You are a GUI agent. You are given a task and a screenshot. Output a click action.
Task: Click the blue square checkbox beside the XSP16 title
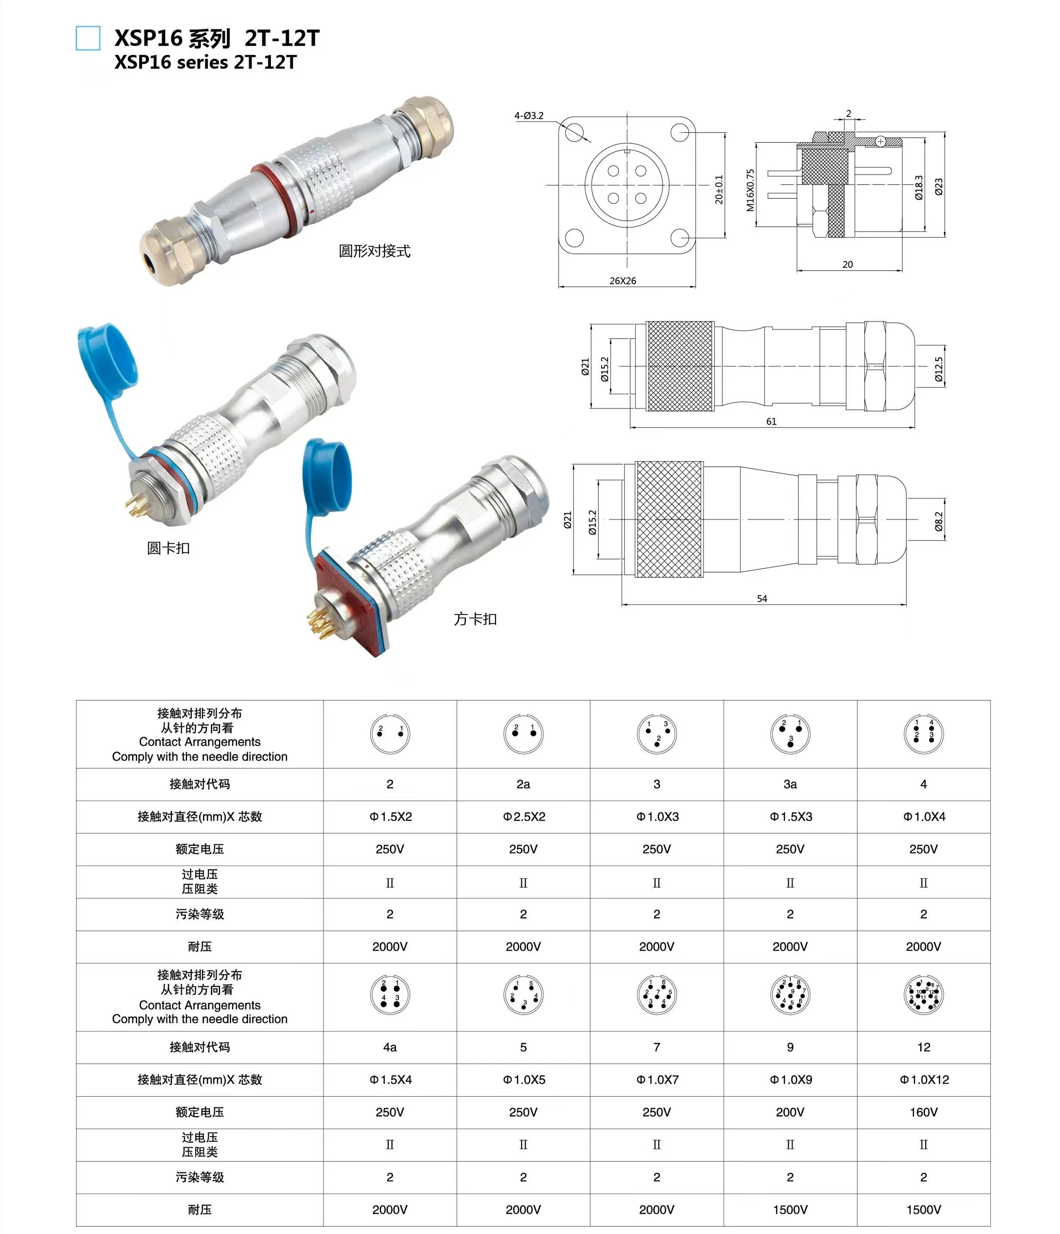pyautogui.click(x=88, y=38)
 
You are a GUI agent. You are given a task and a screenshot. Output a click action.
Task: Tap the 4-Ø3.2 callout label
pyautogui.click(x=529, y=116)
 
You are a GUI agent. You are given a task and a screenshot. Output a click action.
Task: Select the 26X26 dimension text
pyautogui.click(x=622, y=280)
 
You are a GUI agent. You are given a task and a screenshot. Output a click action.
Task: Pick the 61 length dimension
pyautogui.click(x=771, y=421)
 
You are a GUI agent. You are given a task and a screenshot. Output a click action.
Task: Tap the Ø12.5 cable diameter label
pyautogui.click(x=939, y=369)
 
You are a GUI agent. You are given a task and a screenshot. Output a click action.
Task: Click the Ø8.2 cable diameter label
pyautogui.click(x=939, y=521)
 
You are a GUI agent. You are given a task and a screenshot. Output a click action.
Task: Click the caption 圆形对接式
pyautogui.click(x=374, y=251)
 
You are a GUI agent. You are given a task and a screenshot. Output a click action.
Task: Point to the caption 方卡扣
pyautogui.click(x=475, y=619)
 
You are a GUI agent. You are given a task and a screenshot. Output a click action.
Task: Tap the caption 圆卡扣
pyautogui.click(x=168, y=548)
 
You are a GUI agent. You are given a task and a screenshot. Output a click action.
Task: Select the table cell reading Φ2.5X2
pyautogui.click(x=523, y=816)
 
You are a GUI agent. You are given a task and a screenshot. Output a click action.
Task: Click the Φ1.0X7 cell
pyautogui.click(x=657, y=1079)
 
